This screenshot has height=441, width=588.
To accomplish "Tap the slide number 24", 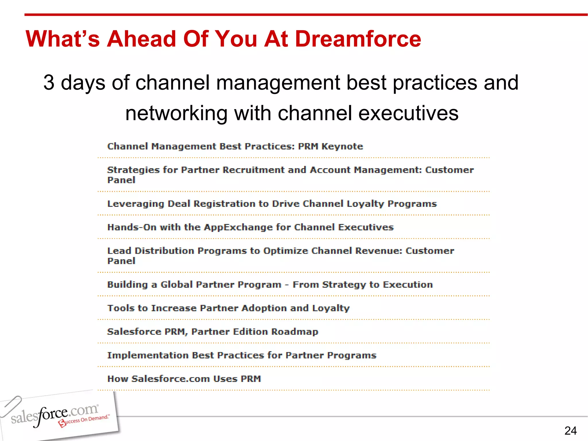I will [x=570, y=431].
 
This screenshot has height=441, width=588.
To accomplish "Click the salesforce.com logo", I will [x=55, y=415].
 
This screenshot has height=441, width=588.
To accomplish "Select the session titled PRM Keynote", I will [x=235, y=146].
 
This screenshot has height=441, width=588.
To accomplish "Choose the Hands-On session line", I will [x=250, y=227].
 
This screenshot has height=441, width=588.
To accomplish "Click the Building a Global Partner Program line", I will [x=270, y=285].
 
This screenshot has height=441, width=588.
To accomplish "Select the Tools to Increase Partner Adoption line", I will [x=228, y=308].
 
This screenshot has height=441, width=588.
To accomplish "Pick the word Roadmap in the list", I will [x=295, y=332].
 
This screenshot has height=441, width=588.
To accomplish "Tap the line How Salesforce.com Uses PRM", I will [x=184, y=379].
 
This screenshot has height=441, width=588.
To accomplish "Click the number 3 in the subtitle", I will [x=49, y=83].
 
